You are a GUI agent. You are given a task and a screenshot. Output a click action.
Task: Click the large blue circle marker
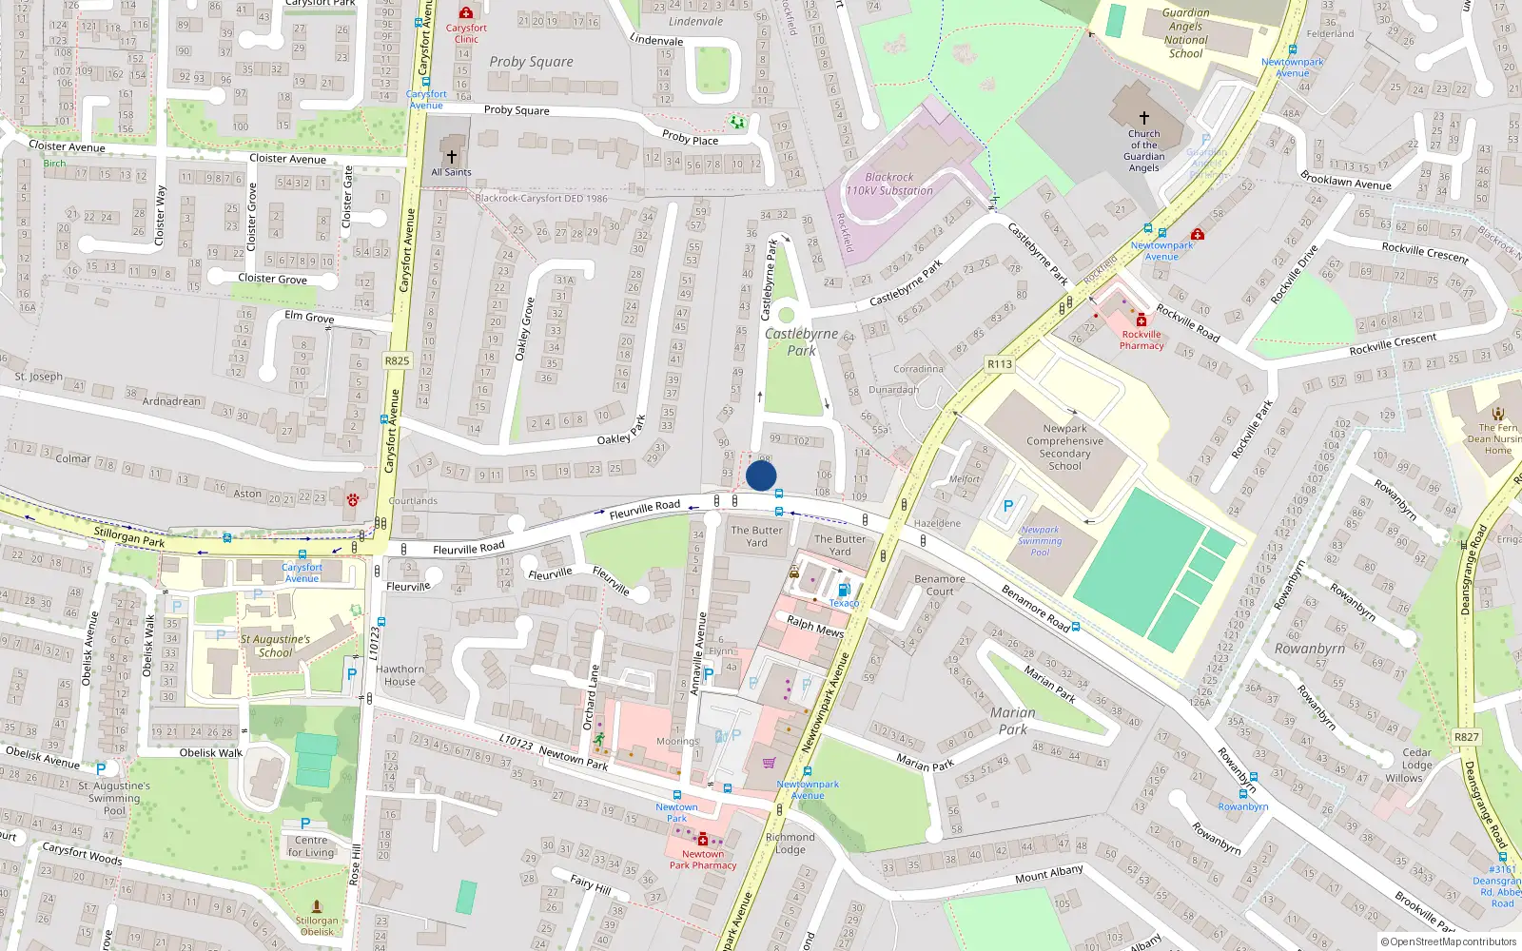click(x=761, y=475)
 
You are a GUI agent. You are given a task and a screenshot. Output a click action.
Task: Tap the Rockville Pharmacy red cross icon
click(x=1141, y=320)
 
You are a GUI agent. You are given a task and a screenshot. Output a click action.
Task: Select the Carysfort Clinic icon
click(x=466, y=12)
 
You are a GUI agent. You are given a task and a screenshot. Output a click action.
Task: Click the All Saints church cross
click(x=452, y=156)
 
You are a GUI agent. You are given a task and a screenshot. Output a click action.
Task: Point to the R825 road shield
click(x=397, y=360)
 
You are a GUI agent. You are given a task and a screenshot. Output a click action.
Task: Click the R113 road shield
click(x=1000, y=364)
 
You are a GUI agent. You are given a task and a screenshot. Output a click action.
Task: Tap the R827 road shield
click(x=1466, y=737)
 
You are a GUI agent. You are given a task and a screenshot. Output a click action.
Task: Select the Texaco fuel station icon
click(x=843, y=591)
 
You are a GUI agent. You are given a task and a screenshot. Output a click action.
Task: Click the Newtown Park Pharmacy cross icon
click(x=703, y=840)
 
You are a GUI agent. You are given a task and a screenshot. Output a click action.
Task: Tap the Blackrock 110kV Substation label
click(x=889, y=184)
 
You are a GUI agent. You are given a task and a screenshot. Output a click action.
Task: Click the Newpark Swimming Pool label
click(x=1040, y=541)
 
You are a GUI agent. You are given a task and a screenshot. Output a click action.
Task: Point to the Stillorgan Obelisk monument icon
click(x=317, y=907)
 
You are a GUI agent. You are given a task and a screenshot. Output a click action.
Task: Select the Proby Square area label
click(x=531, y=62)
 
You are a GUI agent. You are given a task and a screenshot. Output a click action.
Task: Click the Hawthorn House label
click(x=400, y=675)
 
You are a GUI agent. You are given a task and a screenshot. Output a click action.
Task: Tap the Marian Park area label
click(x=1012, y=721)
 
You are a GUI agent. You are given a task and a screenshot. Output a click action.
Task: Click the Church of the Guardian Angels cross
click(x=1144, y=118)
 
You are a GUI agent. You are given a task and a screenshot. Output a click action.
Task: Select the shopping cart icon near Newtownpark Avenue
click(x=769, y=762)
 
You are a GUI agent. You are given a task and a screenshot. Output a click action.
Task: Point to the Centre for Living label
click(x=311, y=846)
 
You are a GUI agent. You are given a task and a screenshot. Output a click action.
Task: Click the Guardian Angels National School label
click(x=1185, y=33)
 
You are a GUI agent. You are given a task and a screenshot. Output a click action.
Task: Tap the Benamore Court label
click(x=939, y=585)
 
